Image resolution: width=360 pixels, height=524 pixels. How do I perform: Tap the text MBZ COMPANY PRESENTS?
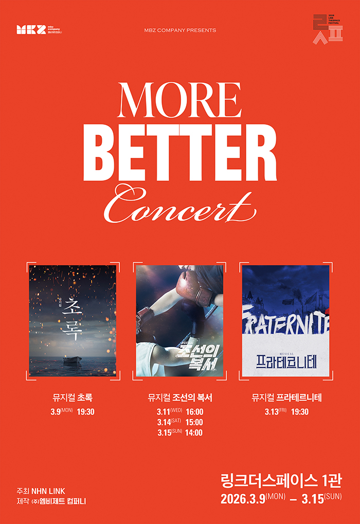pos(180,30)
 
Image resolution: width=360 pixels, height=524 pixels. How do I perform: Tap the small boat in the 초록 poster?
pos(71,361)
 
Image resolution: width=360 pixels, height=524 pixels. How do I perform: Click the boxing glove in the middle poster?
pos(191,283)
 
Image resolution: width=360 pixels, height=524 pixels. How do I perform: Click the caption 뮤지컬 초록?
pos(73,397)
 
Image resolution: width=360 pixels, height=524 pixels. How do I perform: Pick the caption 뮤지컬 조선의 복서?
pos(180,397)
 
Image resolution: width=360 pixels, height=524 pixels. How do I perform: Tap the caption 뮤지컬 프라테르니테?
pos(286,397)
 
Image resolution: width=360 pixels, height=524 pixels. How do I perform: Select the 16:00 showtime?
pos(194,412)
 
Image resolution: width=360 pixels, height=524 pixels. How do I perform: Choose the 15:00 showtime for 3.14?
pos(194,422)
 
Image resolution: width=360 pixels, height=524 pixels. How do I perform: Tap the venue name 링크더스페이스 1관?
pos(281,481)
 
